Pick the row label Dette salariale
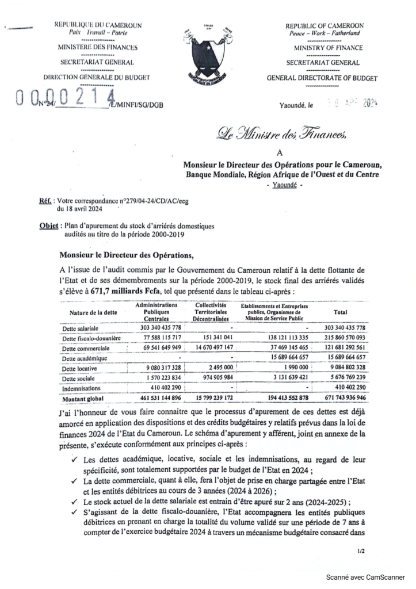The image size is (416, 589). point(81,327)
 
